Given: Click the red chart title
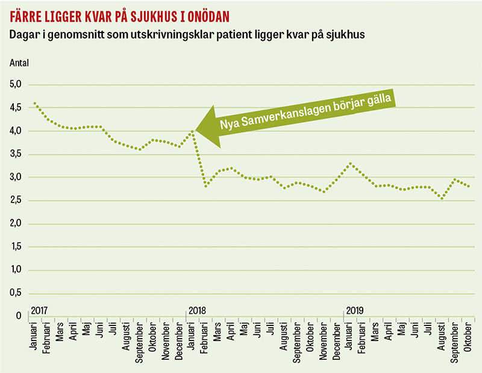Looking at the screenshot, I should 119,14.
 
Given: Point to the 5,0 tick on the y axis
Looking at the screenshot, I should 16,85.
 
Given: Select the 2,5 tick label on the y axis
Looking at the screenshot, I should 16,201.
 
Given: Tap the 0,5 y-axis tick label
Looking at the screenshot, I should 16,293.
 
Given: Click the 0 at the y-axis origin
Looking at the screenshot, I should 19,316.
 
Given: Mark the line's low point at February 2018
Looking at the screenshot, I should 205,186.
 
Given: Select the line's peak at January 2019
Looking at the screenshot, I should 350,163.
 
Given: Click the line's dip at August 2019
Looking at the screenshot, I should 442,198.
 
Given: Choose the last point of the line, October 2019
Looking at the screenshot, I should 469,186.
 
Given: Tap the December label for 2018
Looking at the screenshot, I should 336,343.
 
